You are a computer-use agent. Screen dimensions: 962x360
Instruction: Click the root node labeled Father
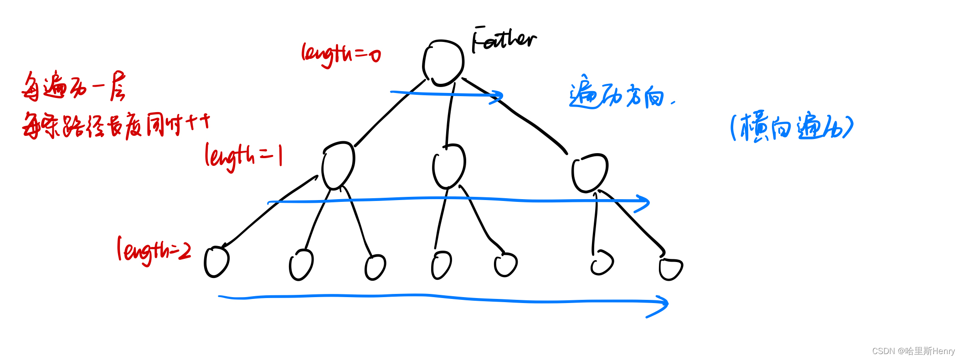[x=443, y=63]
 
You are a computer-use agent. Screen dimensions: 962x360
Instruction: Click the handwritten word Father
[x=504, y=40]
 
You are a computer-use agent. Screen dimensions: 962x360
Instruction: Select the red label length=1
[x=243, y=156]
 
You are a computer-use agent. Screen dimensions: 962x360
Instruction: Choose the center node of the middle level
[x=448, y=166]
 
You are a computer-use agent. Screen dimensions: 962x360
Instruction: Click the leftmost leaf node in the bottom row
[x=216, y=262]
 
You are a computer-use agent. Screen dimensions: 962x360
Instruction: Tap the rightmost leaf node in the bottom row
[x=670, y=269]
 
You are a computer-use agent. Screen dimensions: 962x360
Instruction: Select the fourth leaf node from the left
[x=441, y=265]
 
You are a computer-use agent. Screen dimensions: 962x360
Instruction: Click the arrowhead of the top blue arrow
[x=499, y=97]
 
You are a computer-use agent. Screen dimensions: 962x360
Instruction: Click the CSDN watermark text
[x=913, y=351]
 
